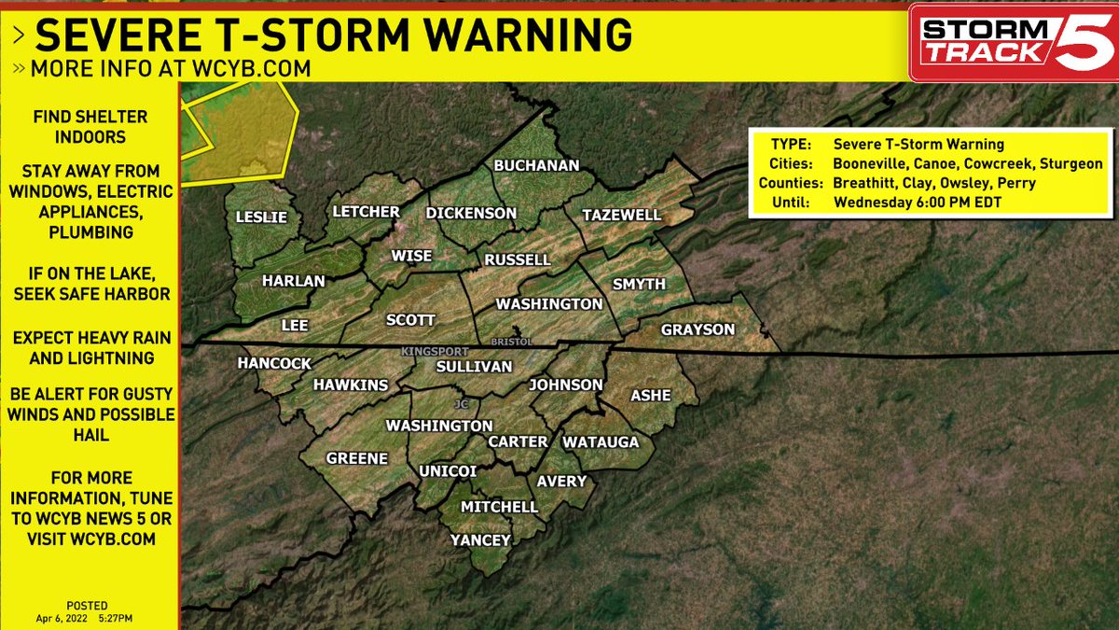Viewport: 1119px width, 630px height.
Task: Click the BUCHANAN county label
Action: point(536,165)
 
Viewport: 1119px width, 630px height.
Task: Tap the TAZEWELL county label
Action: point(621,215)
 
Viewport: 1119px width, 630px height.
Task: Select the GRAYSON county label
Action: point(698,329)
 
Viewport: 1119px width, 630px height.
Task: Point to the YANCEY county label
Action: point(480,540)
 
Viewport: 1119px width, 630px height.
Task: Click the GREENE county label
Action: point(356,458)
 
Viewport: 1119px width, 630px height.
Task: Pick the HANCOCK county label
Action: point(274,363)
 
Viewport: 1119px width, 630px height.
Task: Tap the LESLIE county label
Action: point(261,217)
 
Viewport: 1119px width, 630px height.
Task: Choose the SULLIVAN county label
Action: point(475,367)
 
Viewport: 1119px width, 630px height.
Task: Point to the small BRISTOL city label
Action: point(510,342)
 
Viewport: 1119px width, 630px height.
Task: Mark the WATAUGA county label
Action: point(601,441)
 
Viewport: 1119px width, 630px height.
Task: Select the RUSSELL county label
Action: point(518,259)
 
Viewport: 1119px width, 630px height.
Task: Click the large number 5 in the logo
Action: point(1082,46)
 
